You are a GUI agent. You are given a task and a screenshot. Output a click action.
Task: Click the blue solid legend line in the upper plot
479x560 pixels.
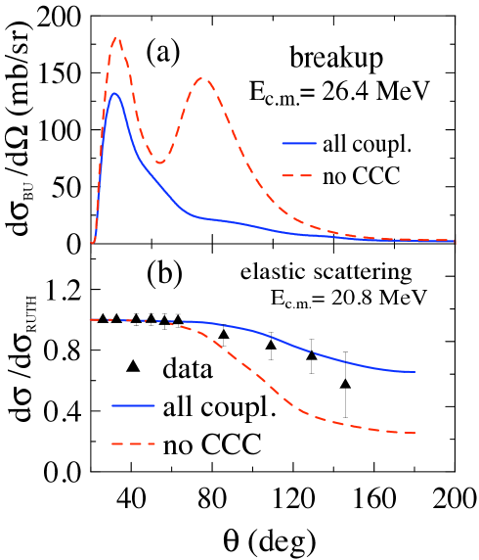coord(299,143)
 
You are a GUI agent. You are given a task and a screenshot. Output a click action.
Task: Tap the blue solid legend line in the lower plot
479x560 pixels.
coord(133,404)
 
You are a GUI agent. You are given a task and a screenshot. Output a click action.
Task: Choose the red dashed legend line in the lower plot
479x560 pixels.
coord(134,443)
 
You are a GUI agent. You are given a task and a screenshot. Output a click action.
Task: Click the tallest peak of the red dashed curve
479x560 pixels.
coord(115,38)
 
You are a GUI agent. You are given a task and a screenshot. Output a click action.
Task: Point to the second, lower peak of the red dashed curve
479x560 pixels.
coord(202,78)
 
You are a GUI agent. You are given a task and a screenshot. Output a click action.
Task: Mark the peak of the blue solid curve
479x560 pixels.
coord(114,93)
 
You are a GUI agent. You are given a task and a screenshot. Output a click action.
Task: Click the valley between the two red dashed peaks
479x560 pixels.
coord(159,163)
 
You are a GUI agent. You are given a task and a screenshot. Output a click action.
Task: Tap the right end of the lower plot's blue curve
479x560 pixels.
coord(416,372)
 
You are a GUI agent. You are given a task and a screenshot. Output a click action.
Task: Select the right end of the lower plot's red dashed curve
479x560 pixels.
coord(416,433)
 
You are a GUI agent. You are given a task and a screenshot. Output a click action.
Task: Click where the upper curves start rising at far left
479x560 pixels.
coord(93,242)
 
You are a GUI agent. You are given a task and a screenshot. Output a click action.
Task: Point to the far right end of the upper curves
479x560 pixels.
coord(455,240)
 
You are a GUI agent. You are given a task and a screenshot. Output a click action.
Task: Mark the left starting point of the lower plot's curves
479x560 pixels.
coord(90,320)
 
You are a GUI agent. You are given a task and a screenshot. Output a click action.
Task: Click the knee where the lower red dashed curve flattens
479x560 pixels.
coord(305,413)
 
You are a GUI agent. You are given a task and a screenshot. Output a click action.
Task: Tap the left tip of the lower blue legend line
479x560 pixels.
coord(112,404)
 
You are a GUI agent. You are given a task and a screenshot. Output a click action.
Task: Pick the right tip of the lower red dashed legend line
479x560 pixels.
coord(155,443)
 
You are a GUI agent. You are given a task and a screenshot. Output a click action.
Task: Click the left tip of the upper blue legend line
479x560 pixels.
coord(283,143)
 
